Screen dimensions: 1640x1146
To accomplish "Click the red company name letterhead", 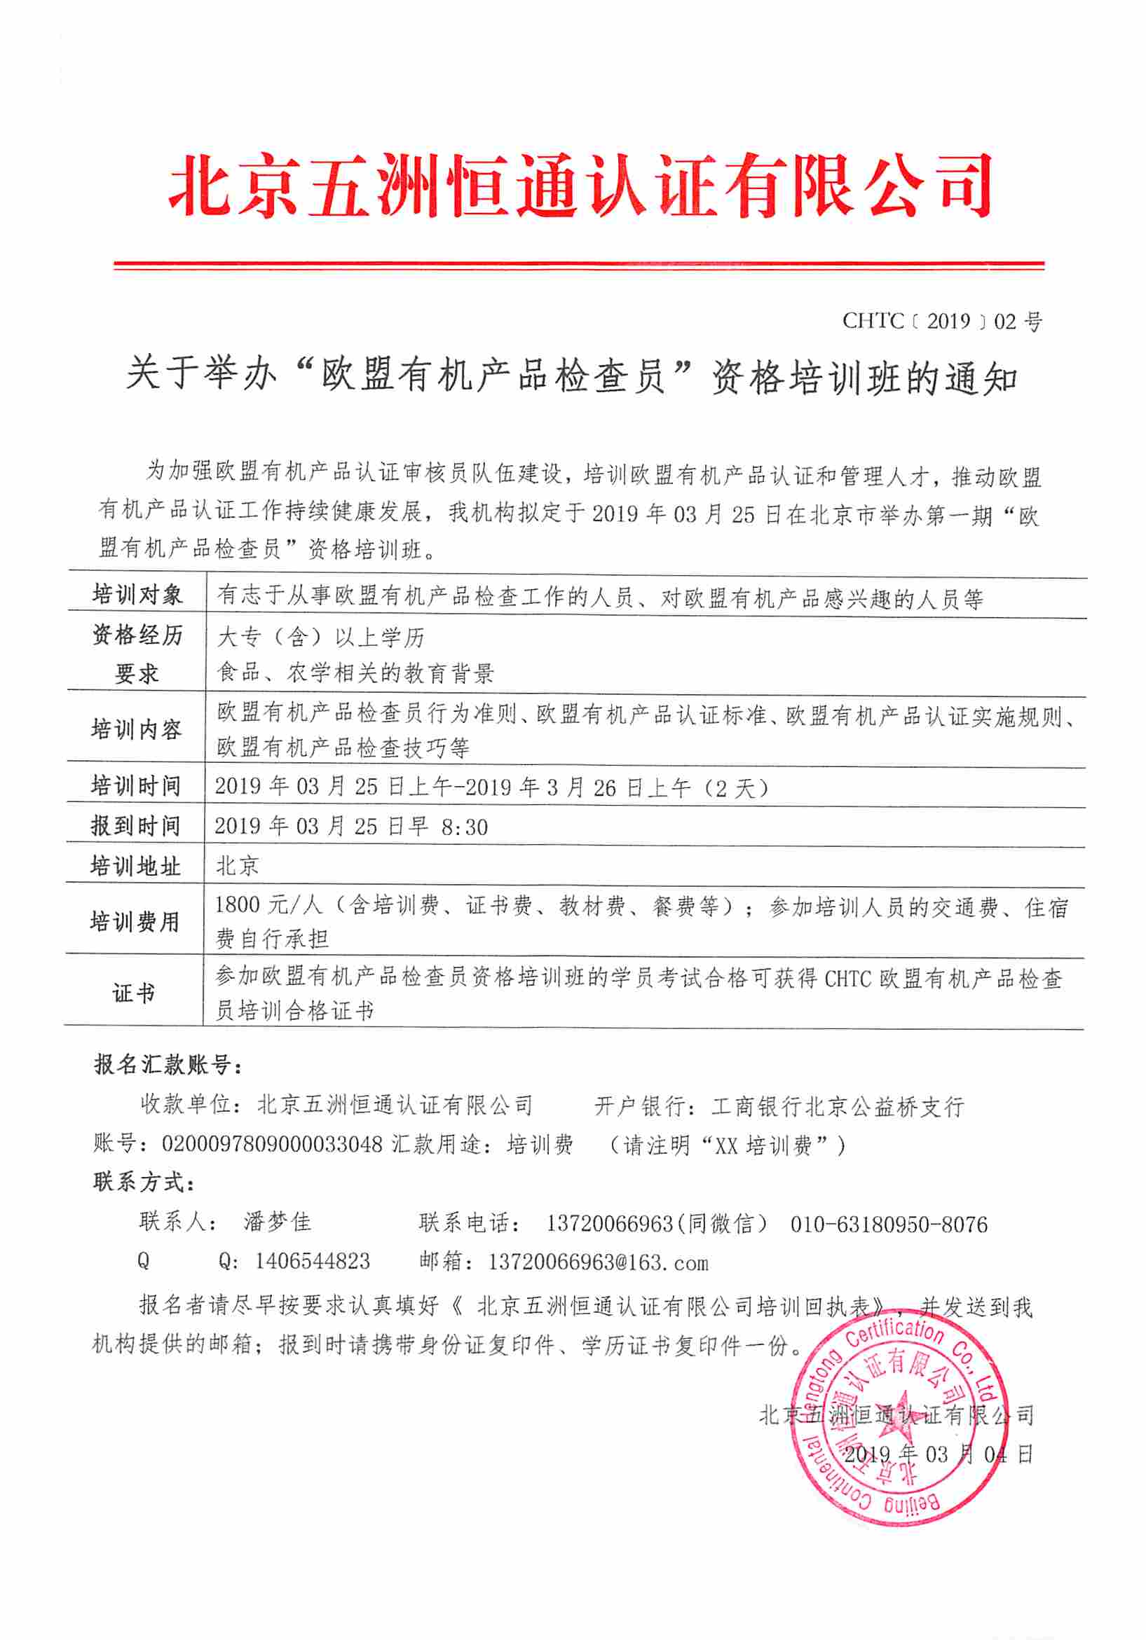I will pyautogui.click(x=580, y=186).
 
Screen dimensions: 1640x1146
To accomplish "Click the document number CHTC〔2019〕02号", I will pyautogui.click(x=941, y=322).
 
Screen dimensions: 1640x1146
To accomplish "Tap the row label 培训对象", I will pyautogui.click(x=137, y=594).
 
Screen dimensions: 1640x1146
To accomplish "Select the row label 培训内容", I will pyautogui.click(x=137, y=729).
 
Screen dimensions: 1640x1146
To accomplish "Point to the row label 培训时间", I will pyautogui.click(x=136, y=786).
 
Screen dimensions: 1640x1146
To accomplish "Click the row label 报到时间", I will pyautogui.click(x=136, y=826).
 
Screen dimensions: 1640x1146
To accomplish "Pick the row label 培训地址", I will pyautogui.click(x=135, y=867).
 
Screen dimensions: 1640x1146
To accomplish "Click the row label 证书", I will pyautogui.click(x=134, y=993).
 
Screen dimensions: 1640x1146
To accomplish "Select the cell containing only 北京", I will pyautogui.click(x=237, y=866).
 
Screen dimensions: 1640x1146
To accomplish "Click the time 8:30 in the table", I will pyautogui.click(x=465, y=827).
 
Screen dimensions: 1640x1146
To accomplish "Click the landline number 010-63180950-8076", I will pyautogui.click(x=889, y=1225).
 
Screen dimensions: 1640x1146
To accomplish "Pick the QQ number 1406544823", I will pyautogui.click(x=312, y=1261).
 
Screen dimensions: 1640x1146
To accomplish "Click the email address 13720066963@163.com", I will pyautogui.click(x=598, y=1262).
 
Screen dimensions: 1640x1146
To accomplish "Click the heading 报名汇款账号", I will pyautogui.click(x=168, y=1064).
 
